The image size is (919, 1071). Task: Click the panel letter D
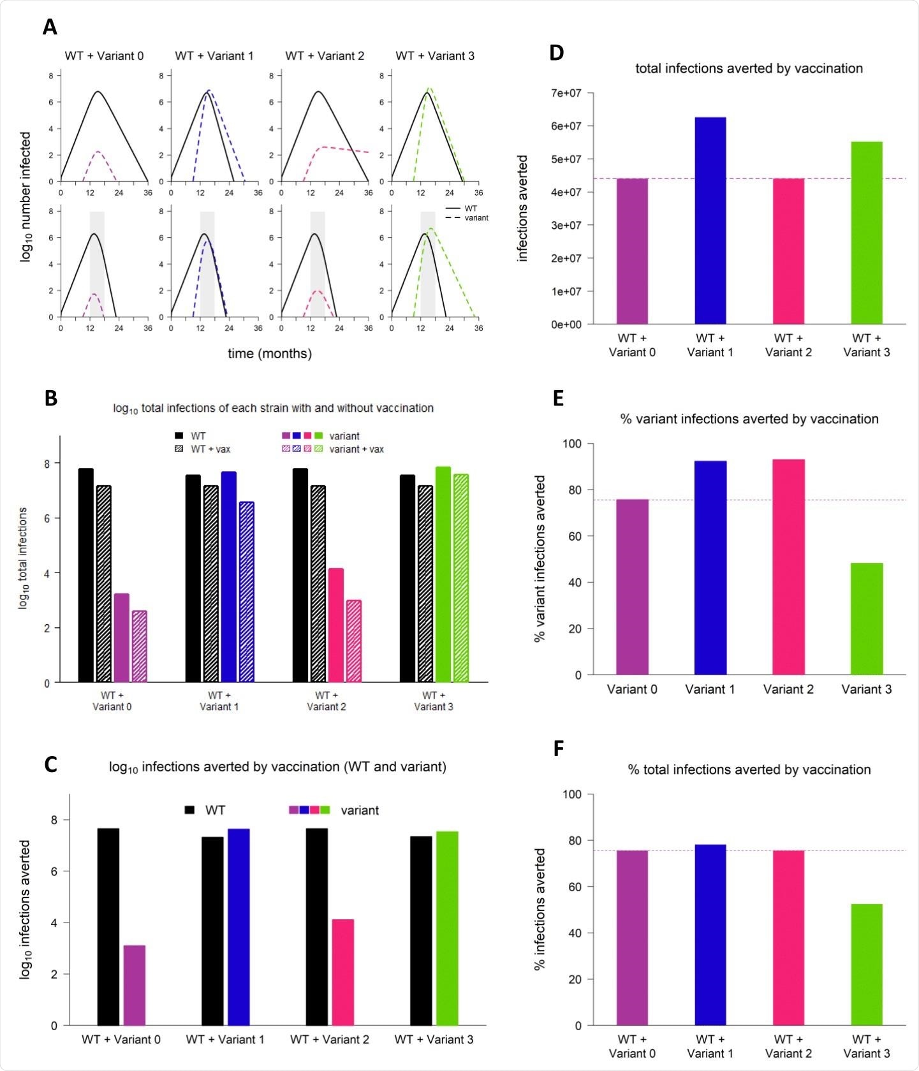click(556, 53)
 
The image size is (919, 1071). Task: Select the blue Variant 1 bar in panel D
click(710, 221)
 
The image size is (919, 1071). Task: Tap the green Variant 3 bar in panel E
click(867, 618)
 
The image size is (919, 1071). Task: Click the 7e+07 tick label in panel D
click(566, 93)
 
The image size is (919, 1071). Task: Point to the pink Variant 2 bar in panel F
click(788, 937)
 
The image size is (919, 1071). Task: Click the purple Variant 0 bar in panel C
click(134, 985)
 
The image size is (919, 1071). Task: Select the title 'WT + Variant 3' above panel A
click(435, 56)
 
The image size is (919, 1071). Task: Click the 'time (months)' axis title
click(270, 353)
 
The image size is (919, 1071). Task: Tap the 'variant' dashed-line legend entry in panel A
click(476, 218)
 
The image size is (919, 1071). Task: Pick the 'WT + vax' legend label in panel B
click(210, 449)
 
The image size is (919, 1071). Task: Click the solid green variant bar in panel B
click(443, 574)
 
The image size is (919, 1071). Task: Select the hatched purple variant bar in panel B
click(139, 646)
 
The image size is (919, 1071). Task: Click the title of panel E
click(749, 419)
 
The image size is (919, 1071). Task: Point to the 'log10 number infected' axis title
click(26, 196)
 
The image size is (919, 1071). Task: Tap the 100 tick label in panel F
click(571, 794)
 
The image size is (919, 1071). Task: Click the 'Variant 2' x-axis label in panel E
click(788, 689)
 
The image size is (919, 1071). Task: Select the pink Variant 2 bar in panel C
click(342, 972)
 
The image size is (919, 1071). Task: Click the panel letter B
click(51, 398)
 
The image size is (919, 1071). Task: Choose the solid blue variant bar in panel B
click(228, 577)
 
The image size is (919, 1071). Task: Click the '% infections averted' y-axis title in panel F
click(540, 909)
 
